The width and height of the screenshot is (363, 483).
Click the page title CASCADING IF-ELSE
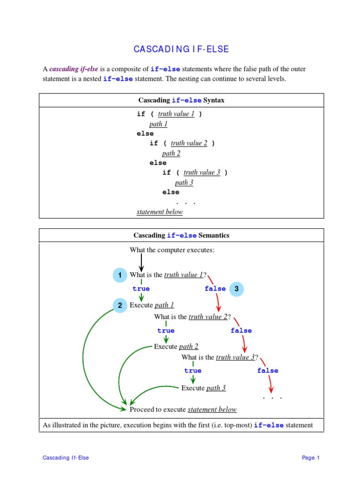[x=181, y=49]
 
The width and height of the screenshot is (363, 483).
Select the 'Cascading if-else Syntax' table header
[x=181, y=100]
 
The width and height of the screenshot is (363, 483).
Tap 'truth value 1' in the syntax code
[x=176, y=114]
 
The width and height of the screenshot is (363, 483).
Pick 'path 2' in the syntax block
[x=171, y=153]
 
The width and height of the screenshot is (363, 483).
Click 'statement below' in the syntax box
[x=159, y=212]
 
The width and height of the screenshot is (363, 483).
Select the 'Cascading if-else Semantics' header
[x=181, y=235]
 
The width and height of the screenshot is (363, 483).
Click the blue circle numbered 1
[x=120, y=275]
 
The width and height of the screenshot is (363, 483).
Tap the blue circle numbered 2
[x=120, y=305]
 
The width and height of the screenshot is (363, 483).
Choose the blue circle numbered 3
[x=236, y=289]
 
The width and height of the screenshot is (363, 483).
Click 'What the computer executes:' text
[x=172, y=250]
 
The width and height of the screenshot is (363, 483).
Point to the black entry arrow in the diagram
[x=141, y=262]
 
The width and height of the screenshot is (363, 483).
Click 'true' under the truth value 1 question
[x=141, y=289]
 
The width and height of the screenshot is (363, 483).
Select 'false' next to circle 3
[x=215, y=289]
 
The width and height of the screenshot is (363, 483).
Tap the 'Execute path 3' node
[x=203, y=388]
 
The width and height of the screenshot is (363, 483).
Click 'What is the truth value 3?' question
[x=220, y=358]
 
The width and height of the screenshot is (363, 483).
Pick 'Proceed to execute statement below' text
[x=183, y=409]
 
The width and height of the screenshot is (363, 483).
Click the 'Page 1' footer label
[x=311, y=458]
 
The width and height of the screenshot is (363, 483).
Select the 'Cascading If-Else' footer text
[x=66, y=458]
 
